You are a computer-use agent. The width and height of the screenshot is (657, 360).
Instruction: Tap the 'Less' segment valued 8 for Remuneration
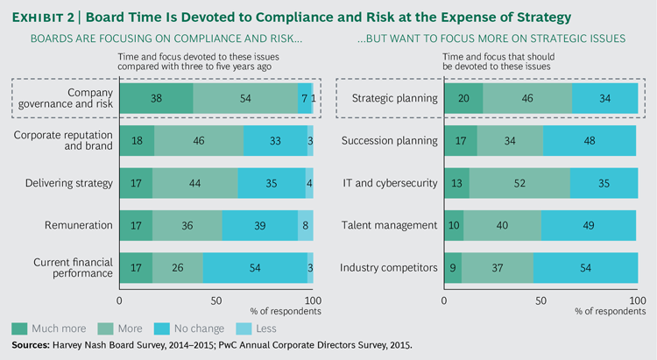305,225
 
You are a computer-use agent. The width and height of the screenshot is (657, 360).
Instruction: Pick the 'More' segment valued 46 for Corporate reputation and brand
199,141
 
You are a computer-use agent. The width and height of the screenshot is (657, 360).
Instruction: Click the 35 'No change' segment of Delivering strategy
272,183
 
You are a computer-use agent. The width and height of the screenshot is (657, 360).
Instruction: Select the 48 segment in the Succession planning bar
590,141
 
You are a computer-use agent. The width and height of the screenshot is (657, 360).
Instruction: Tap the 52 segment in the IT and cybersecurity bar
519,183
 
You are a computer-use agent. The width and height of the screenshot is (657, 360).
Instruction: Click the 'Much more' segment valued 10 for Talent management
454,225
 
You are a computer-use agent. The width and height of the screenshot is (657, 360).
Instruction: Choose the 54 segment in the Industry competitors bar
585,267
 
